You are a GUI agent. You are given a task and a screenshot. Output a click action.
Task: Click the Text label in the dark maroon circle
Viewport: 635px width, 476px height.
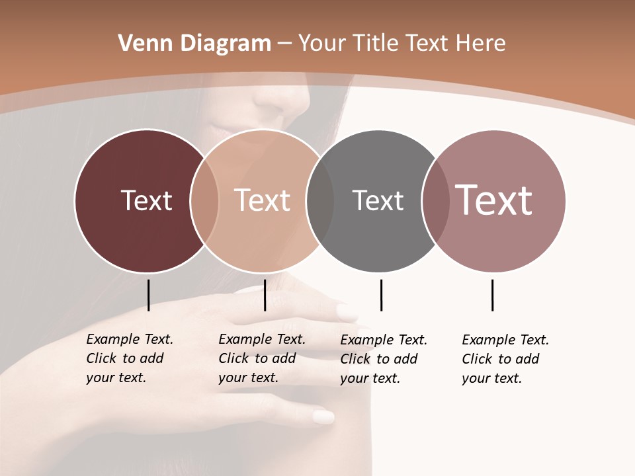coord(146,200)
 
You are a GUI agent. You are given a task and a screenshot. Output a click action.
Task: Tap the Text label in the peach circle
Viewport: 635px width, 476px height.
coord(262,200)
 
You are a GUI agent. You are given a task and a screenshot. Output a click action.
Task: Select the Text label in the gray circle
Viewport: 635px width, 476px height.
coord(378,200)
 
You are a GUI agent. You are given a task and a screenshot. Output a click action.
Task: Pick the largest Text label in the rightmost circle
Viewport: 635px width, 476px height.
coord(493,200)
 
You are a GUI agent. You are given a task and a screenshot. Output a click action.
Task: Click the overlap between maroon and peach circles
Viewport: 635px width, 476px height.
coord(204,201)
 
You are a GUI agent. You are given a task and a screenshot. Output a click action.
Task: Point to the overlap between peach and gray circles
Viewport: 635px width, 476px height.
coord(319,201)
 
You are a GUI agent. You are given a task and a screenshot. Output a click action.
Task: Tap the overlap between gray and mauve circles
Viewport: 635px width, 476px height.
coord(434,201)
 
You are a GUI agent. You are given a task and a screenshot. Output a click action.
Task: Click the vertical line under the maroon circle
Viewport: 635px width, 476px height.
coord(148,295)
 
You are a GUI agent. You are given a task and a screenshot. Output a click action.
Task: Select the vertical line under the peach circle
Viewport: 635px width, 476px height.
coord(265,295)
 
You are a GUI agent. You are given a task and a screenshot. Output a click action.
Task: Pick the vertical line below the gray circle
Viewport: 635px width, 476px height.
coord(381,295)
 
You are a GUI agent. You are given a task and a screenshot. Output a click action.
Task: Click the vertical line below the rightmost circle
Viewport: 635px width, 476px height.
coord(492,295)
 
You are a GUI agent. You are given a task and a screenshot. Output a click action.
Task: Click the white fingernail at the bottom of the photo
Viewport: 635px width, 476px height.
coord(323,416)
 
